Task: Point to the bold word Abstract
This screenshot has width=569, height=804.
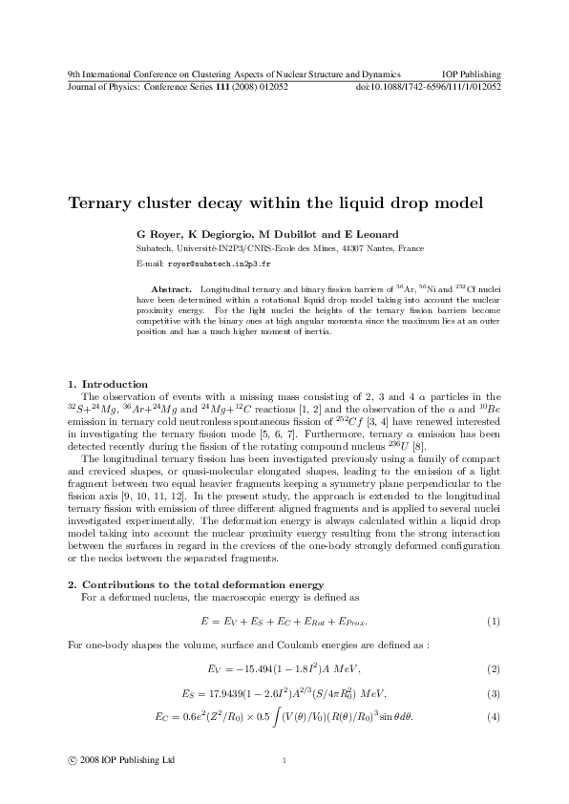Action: (172, 287)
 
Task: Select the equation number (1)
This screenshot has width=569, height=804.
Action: (495, 623)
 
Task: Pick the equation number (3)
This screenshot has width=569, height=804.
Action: (495, 692)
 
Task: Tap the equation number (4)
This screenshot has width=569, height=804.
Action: (495, 717)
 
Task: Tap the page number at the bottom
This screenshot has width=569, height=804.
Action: (284, 761)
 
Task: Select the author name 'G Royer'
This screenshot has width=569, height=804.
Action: (158, 232)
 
